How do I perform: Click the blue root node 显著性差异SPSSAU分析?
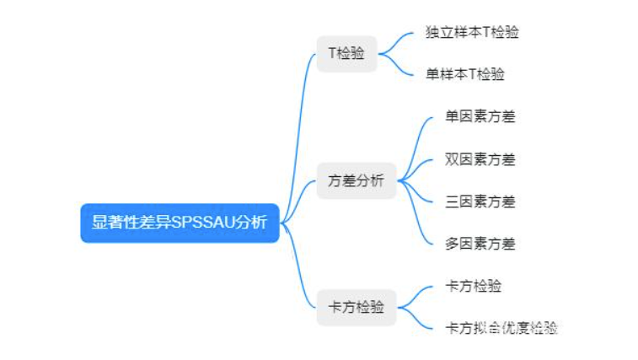point(180,223)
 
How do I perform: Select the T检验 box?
point(346,53)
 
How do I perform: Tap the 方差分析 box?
point(356,180)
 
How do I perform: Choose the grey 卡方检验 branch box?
point(356,307)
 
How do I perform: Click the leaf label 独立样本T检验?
point(472,33)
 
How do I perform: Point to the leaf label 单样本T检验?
point(465,74)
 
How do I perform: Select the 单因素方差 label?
point(480,117)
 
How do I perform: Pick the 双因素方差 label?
point(480,159)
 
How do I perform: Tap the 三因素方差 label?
point(480,201)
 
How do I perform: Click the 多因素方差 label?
point(480,244)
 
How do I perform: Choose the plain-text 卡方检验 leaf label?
point(473,286)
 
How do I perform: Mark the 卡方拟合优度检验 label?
point(501,328)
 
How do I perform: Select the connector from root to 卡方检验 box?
point(299,270)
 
